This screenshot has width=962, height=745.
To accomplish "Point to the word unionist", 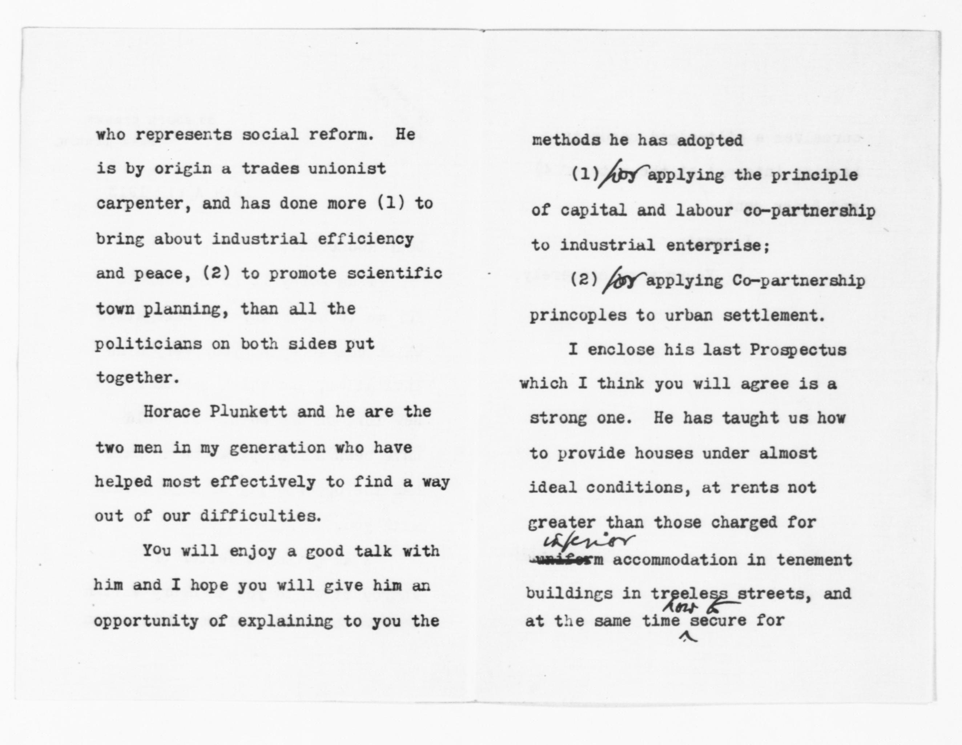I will tap(347, 169).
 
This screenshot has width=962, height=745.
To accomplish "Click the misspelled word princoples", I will tap(577, 316).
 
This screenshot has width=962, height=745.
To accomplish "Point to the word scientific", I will tap(394, 273).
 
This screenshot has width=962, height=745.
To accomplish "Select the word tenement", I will tap(814, 560).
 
